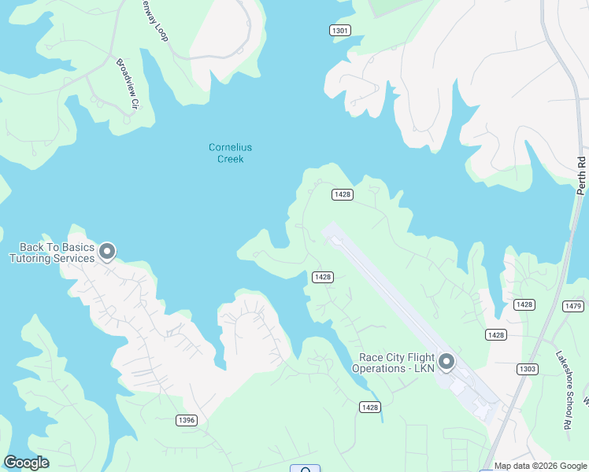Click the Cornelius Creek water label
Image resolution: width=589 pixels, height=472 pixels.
pyautogui.click(x=231, y=153)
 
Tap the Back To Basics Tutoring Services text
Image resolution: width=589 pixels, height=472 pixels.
pyautogui.click(x=51, y=253)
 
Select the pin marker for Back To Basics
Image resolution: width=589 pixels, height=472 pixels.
pyautogui.click(x=107, y=252)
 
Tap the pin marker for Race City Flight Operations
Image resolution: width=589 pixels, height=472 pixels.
pyautogui.click(x=446, y=362)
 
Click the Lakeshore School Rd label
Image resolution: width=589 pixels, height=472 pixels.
pyautogui.click(x=563, y=378)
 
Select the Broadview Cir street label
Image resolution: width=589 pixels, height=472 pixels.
pyautogui.click(x=128, y=83)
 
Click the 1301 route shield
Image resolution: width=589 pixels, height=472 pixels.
pyautogui.click(x=339, y=30)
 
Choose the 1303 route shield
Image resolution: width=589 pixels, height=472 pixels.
pyautogui.click(x=527, y=369)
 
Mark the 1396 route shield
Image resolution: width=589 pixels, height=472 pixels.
pyautogui.click(x=186, y=421)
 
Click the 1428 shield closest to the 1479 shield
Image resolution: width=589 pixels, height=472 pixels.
pyautogui.click(x=524, y=304)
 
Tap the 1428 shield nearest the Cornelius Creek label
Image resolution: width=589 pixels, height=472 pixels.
pyautogui.click(x=342, y=194)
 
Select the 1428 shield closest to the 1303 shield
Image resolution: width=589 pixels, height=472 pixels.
pyautogui.click(x=496, y=335)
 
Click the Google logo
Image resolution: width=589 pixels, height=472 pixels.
pyautogui.click(x=26, y=463)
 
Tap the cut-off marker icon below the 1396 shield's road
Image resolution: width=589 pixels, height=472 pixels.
pyautogui.click(x=305, y=469)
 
